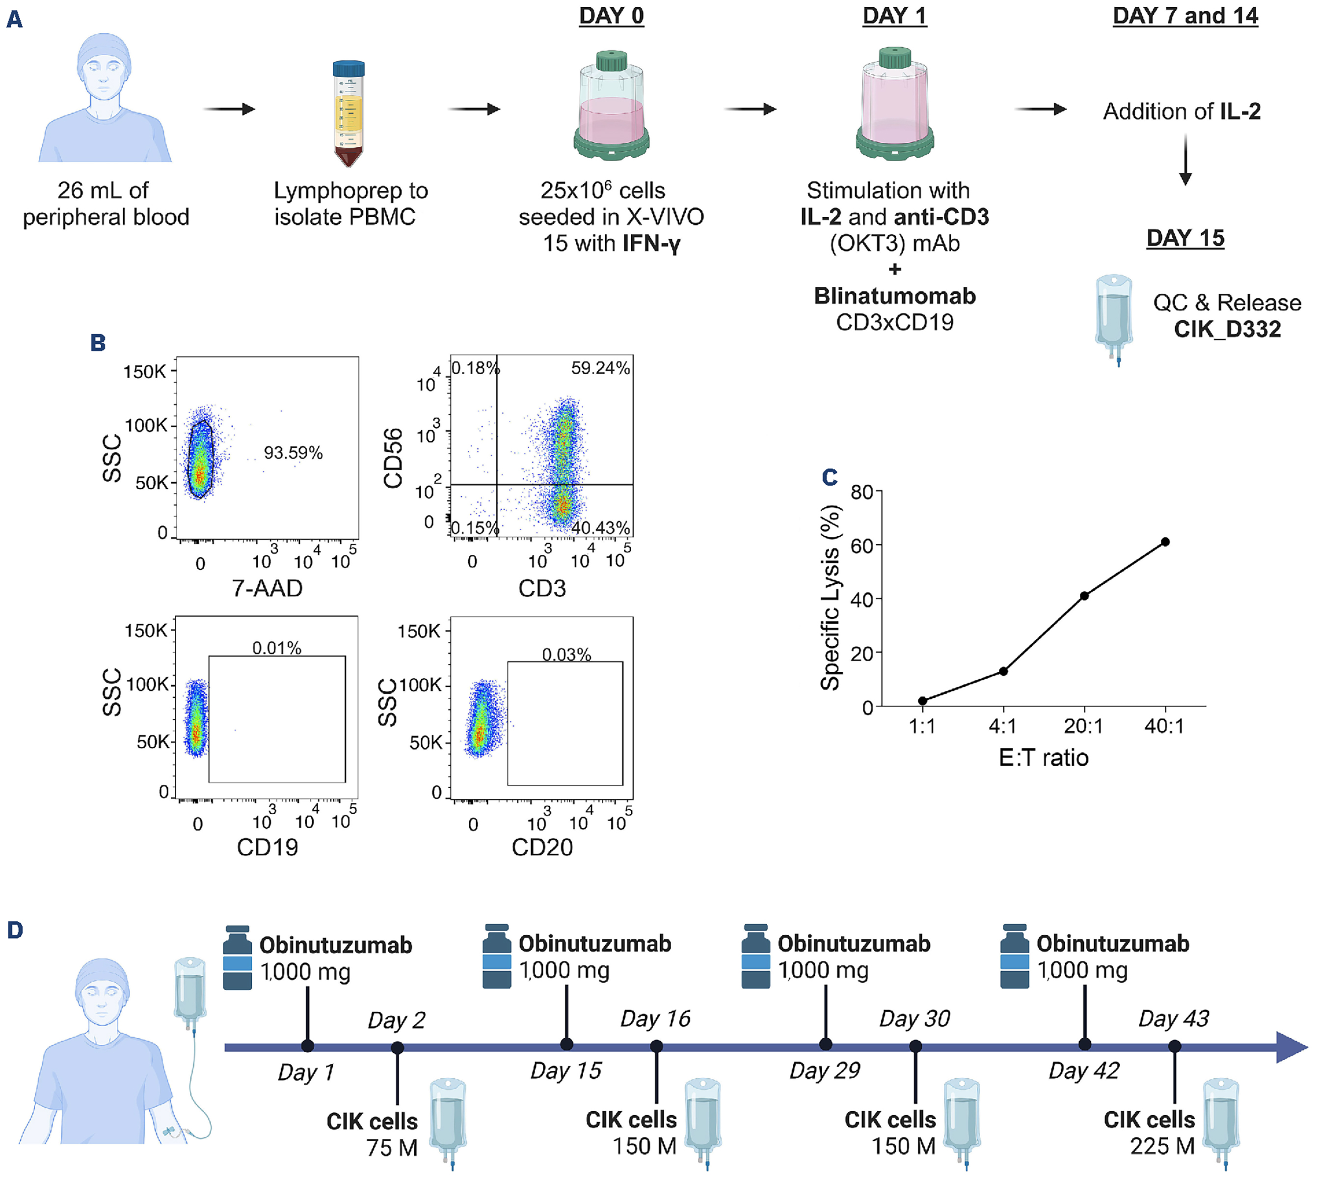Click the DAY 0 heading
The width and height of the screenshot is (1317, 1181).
(x=611, y=16)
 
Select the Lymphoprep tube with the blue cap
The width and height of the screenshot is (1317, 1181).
(x=349, y=113)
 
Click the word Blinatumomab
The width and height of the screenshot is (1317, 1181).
(x=895, y=296)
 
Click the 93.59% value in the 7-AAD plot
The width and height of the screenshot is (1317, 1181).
(x=293, y=453)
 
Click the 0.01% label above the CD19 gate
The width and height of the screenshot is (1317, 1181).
(x=277, y=648)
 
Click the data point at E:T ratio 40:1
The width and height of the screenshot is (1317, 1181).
(x=1165, y=542)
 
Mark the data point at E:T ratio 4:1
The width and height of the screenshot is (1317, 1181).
(x=1003, y=671)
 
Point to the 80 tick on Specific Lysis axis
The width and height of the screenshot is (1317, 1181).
(x=861, y=493)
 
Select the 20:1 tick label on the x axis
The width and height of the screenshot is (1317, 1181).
(x=1083, y=726)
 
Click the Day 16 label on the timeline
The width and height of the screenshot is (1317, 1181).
(x=655, y=1019)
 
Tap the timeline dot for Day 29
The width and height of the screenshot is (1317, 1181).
(x=825, y=1044)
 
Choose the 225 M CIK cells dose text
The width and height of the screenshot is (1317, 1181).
(x=1162, y=1147)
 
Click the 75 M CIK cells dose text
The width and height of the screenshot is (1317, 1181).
(x=392, y=1148)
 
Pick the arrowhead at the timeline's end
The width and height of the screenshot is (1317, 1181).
(x=1291, y=1046)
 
